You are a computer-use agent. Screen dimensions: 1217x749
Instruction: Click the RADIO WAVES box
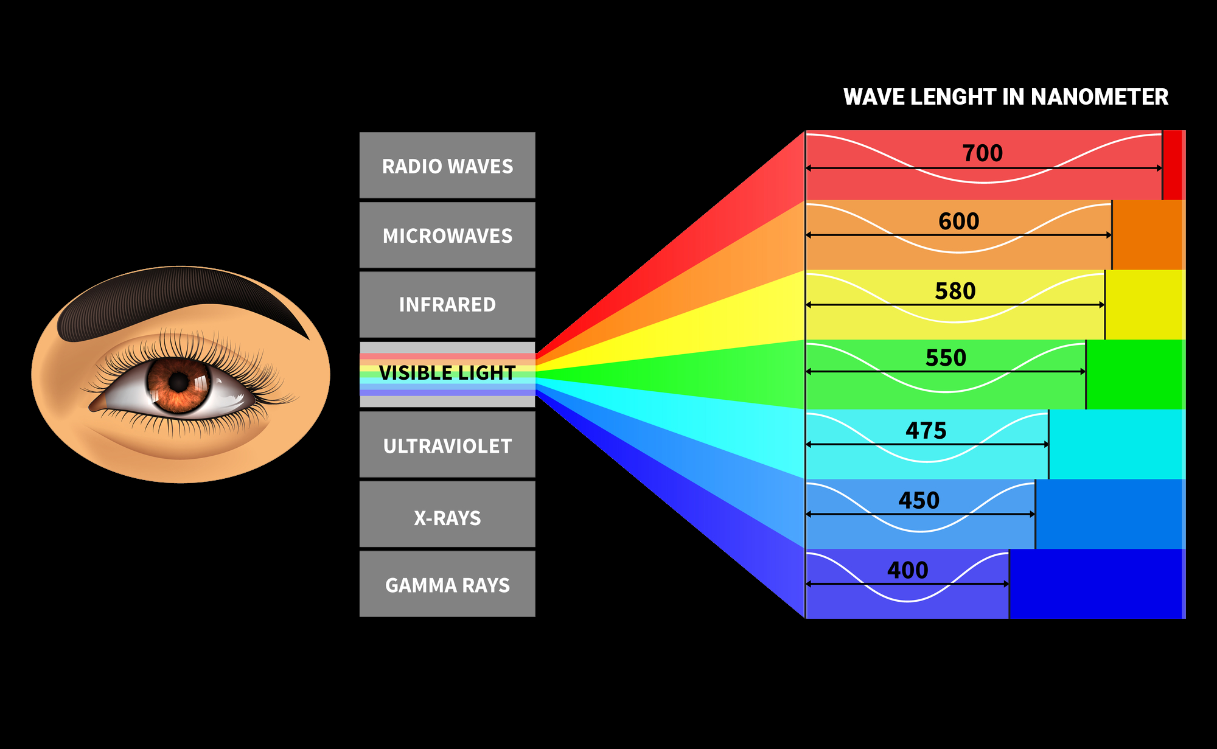click(447, 165)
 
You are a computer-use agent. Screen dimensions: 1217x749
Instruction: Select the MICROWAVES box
click(447, 235)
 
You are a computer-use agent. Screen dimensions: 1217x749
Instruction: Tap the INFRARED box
click(447, 304)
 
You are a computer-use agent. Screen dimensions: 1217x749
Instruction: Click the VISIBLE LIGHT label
click(447, 372)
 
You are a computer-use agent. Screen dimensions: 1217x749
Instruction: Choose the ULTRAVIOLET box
click(447, 445)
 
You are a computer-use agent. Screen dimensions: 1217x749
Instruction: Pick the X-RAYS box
click(447, 517)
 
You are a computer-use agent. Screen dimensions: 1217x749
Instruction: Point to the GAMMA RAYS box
click(447, 585)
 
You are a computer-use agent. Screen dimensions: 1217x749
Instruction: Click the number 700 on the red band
click(982, 153)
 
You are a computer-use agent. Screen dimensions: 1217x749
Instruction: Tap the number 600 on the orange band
click(958, 221)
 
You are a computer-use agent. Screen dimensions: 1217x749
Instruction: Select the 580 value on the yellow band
click(955, 291)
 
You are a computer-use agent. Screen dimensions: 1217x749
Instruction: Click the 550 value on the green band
click(946, 358)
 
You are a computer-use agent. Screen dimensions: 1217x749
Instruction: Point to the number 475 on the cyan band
click(926, 431)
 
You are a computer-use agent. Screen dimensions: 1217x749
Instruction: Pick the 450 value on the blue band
click(919, 501)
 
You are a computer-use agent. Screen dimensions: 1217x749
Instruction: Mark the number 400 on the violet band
click(907, 570)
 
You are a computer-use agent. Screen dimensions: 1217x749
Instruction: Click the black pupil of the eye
click(178, 382)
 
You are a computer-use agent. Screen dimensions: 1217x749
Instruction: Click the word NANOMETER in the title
click(1100, 97)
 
